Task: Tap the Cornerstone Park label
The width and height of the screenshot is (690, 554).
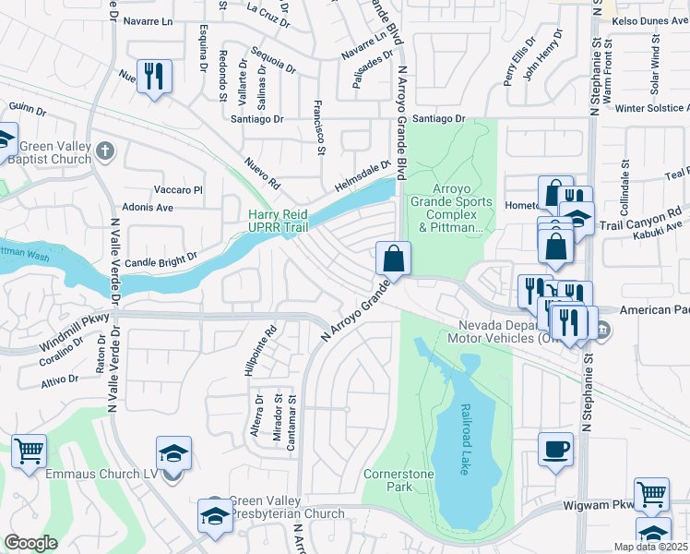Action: pyautogui.click(x=392, y=479)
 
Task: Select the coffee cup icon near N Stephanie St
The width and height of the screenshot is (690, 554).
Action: pyautogui.click(x=555, y=450)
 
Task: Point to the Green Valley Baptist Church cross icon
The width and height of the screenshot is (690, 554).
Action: pyautogui.click(x=106, y=150)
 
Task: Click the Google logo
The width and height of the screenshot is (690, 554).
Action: pyautogui.click(x=30, y=543)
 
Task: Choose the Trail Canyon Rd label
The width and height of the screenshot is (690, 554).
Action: pyautogui.click(x=640, y=219)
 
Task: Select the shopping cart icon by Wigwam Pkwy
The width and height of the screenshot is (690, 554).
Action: pyautogui.click(x=651, y=495)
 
